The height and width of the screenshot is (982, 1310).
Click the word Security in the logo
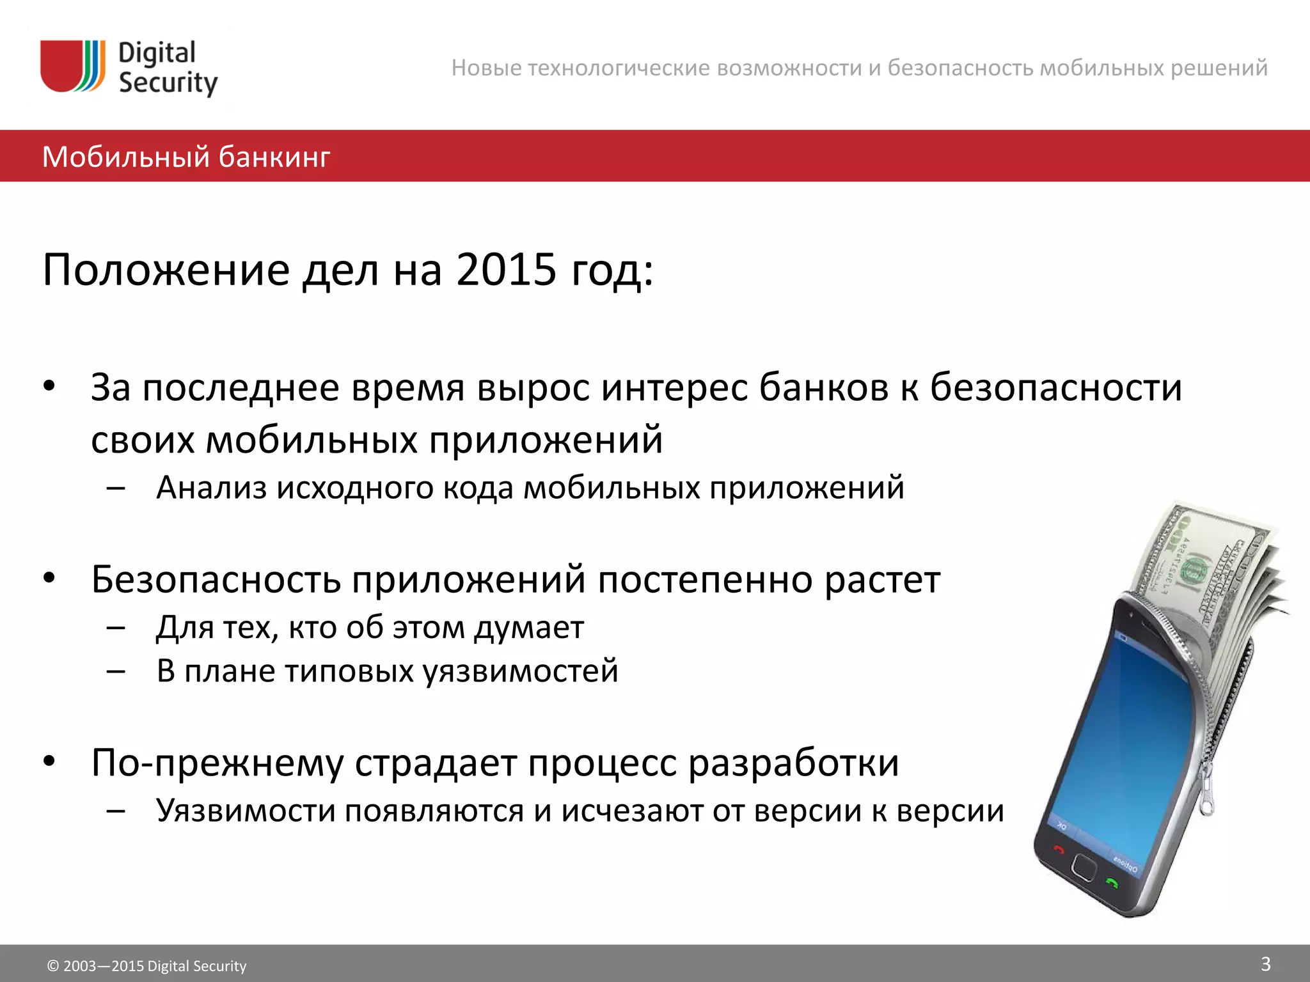pos(168,83)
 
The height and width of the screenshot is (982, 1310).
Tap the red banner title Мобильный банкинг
pos(186,157)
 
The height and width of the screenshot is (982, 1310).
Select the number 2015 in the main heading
pos(506,269)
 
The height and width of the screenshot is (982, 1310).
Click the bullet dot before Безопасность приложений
pos(50,578)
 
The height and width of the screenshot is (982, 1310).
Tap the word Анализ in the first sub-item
pos(211,488)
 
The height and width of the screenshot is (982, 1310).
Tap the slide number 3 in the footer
pos(1265,963)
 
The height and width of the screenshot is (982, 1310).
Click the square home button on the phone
pos(1084,867)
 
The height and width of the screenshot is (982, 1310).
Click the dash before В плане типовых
pos(116,671)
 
